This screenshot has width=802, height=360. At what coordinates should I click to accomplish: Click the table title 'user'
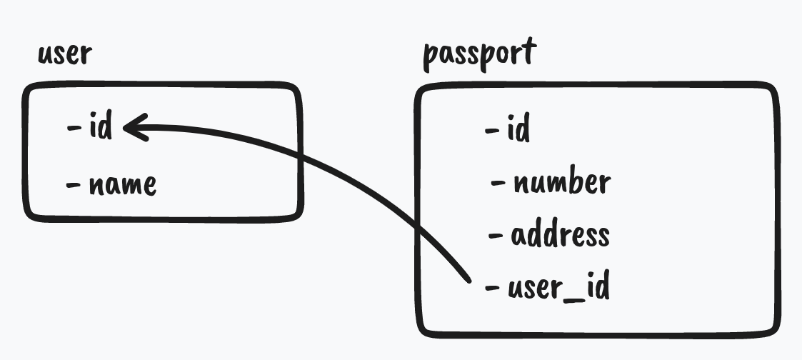click(x=65, y=54)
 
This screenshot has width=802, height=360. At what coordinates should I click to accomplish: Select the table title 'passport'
click(x=479, y=54)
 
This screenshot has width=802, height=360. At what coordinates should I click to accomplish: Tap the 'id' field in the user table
click(x=101, y=129)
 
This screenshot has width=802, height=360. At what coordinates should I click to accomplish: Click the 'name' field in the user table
click(x=122, y=185)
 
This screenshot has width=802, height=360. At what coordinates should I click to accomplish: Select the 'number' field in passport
click(x=561, y=184)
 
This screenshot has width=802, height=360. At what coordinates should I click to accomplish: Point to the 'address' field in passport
click(x=560, y=235)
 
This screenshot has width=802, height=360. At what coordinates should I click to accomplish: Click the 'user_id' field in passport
click(x=558, y=288)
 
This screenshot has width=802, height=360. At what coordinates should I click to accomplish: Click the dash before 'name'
click(x=74, y=184)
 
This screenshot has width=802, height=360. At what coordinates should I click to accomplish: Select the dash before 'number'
click(x=498, y=184)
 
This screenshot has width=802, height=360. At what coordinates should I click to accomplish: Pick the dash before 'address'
click(x=496, y=235)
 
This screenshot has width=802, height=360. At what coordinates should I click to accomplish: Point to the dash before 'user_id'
click(x=492, y=288)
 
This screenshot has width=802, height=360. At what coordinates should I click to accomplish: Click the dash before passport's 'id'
click(x=492, y=131)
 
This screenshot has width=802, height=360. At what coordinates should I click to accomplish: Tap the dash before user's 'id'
click(x=74, y=129)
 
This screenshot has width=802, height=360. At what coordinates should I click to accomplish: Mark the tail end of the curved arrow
click(x=467, y=279)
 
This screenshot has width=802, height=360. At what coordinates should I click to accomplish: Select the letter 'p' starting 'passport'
click(x=431, y=57)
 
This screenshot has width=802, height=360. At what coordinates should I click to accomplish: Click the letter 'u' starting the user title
click(x=44, y=56)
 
